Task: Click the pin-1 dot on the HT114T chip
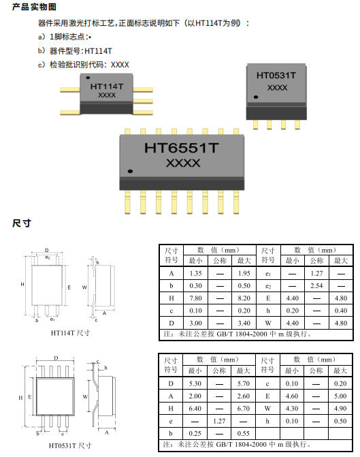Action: pos(88,78)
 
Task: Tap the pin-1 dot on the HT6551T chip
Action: pos(130,171)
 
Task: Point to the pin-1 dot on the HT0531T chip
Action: pos(256,97)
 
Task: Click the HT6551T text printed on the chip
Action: pos(181,148)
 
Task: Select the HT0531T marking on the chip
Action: pos(276,75)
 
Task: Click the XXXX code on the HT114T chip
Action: pos(107,95)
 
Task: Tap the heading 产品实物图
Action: pos(34,7)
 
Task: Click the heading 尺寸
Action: pos(22,223)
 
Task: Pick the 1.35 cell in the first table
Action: pos(195,273)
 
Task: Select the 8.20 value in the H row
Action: pos(244,298)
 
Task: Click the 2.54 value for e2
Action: pos(316,285)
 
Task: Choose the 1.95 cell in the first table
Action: pos(244,273)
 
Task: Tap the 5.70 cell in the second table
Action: pos(243,383)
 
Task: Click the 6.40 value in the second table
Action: pos(195,409)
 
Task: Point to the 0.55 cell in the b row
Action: pos(243,433)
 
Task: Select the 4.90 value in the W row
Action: pos(340,409)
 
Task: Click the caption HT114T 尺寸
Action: pos(70,332)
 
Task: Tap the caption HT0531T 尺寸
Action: pos(70,445)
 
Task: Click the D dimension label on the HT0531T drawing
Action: pos(56,358)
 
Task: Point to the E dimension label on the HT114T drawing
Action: pos(69,287)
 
